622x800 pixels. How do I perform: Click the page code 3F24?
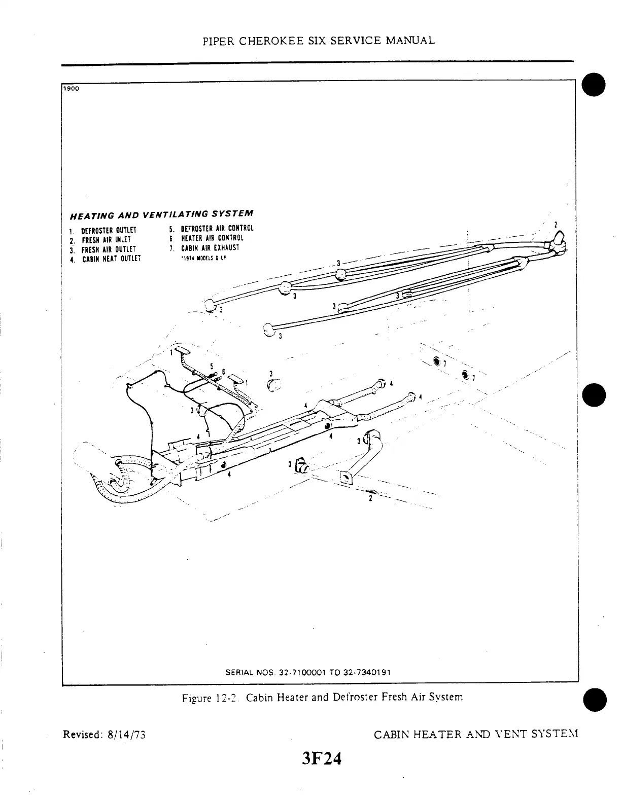pyautogui.click(x=321, y=759)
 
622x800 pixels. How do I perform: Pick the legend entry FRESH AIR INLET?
pyautogui.click(x=106, y=240)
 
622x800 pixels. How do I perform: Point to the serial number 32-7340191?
pyautogui.click(x=367, y=672)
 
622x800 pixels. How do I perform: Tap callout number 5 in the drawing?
pyautogui.click(x=212, y=366)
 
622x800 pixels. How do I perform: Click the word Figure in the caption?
pyautogui.click(x=196, y=698)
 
